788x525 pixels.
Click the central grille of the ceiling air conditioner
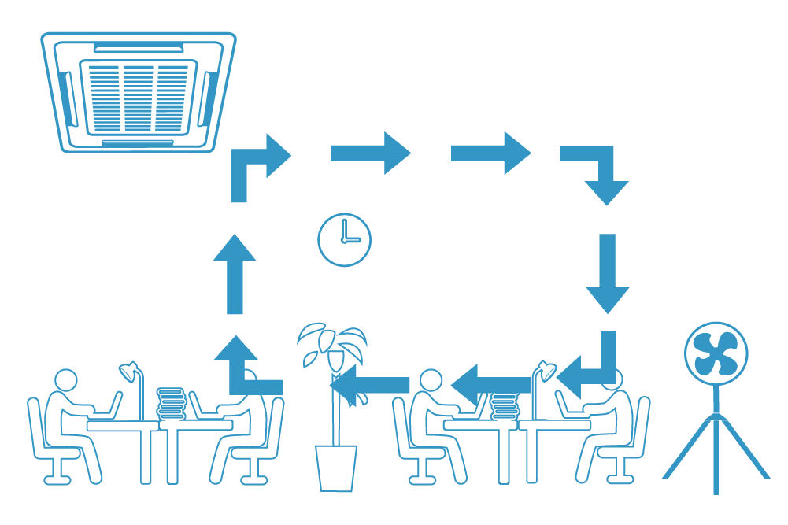click(139, 97)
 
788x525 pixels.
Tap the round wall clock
click(344, 239)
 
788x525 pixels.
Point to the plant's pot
click(336, 468)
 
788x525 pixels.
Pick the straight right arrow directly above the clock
click(370, 153)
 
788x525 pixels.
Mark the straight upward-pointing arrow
click(235, 275)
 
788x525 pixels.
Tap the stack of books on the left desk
click(170, 403)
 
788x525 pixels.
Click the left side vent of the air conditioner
click(66, 98)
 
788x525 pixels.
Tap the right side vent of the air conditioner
click(209, 98)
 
